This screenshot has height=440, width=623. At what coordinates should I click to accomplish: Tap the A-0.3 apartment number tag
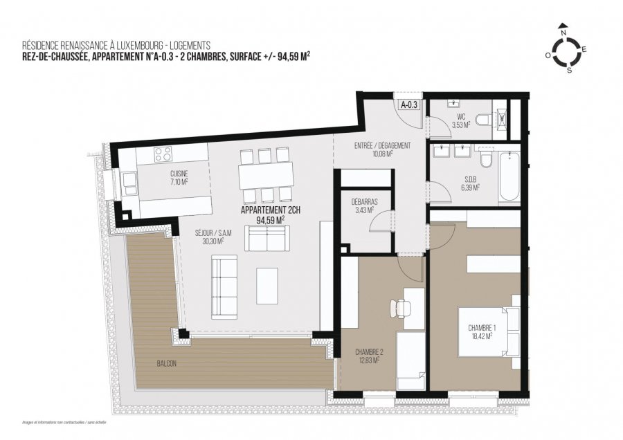pyautogui.click(x=408, y=104)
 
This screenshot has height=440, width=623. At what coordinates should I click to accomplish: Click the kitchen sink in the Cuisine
pyautogui.click(x=129, y=183)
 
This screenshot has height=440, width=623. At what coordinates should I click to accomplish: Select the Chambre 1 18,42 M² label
pyautogui.click(x=479, y=331)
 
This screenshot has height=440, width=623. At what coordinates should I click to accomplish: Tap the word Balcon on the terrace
pyautogui.click(x=165, y=363)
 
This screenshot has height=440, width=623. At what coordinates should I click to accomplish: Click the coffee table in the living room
pyautogui.click(x=267, y=285)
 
